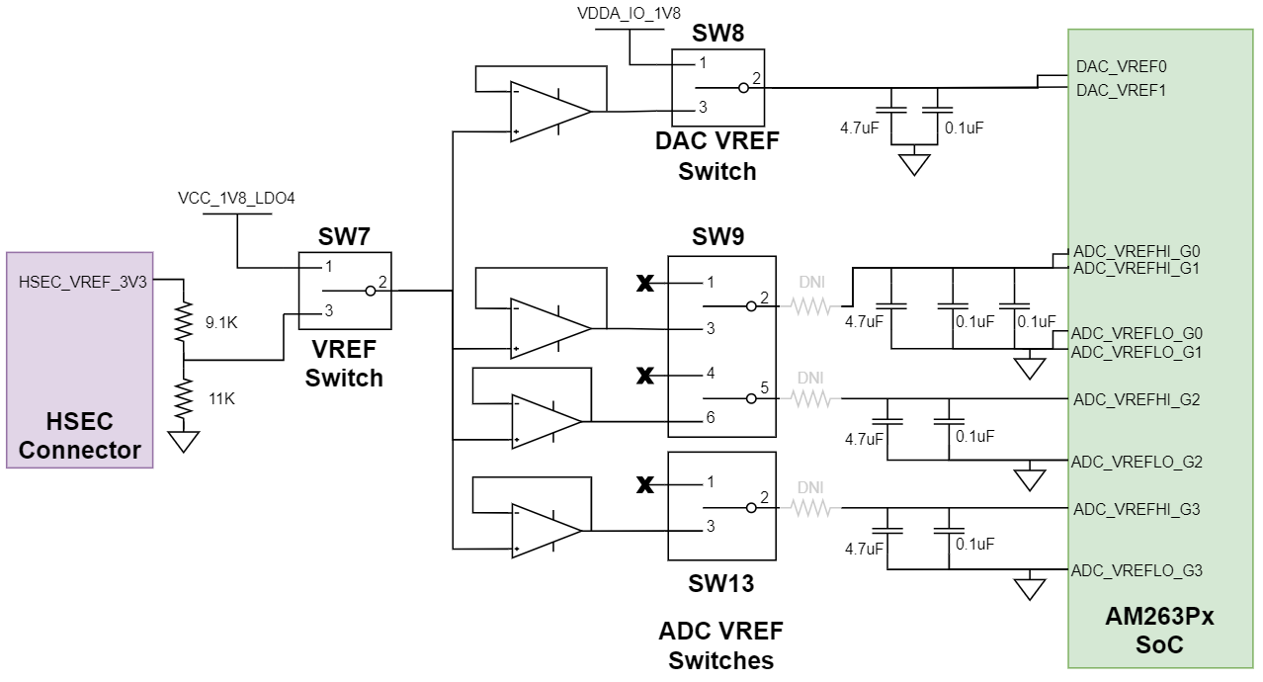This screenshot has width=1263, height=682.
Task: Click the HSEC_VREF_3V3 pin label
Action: tap(83, 282)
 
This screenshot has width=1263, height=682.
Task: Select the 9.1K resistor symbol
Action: tap(183, 322)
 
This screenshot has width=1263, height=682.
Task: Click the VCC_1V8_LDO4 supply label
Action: tap(236, 199)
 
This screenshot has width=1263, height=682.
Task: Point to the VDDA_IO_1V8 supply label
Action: tap(629, 14)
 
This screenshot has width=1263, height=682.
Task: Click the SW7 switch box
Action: tap(345, 290)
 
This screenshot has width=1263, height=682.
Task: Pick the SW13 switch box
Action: tap(720, 505)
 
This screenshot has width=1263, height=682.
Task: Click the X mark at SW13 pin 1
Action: tap(645, 484)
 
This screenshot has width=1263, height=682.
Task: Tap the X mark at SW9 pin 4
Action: tap(645, 376)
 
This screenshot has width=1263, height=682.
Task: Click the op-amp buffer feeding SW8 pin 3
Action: tap(549, 109)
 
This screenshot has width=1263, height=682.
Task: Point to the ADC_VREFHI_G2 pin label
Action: tap(1137, 399)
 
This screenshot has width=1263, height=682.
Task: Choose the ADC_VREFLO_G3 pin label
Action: tap(1137, 570)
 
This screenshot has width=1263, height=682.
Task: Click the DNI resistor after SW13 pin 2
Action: tap(810, 508)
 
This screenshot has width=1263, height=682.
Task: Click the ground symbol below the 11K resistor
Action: tap(183, 441)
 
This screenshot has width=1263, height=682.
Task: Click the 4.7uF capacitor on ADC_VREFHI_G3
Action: tap(887, 520)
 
